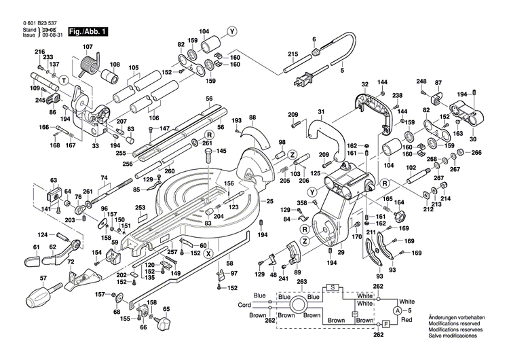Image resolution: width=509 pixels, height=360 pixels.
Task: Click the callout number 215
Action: tap(293, 54)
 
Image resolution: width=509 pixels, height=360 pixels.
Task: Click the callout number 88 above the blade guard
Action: tap(252, 118)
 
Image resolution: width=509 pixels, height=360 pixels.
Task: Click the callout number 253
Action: tap(140, 208)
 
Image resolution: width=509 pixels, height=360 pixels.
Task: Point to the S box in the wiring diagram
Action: tap(333, 287)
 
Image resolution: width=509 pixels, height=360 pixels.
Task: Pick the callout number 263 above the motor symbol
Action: tap(303, 281)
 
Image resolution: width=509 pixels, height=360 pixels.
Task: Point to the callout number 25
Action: tap(269, 202)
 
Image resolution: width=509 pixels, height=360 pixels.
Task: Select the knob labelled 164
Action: tap(398, 215)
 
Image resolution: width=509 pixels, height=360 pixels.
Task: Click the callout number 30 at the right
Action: tap(472, 139)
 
